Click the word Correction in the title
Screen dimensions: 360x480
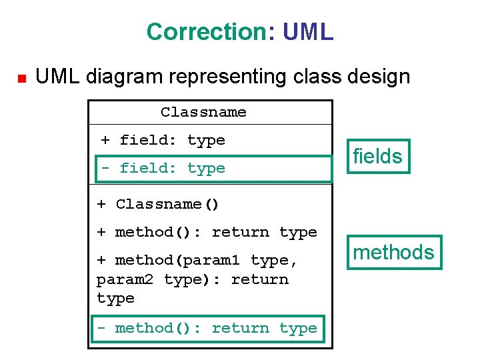coord(206,31)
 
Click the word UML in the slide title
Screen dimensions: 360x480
coord(308,31)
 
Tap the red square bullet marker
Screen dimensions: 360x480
coord(20,79)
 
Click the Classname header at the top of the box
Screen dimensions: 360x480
coord(203,112)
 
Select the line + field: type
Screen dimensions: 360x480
coord(163,140)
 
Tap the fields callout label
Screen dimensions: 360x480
coord(377,156)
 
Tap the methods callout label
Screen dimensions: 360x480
coord(393,252)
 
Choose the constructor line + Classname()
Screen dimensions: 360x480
coord(158,204)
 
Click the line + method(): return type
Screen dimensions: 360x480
coord(207,232)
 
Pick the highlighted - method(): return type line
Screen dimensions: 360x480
coord(207,328)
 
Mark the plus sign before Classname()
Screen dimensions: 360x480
coord(101,204)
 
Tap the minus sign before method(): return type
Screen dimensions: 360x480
coord(101,328)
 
